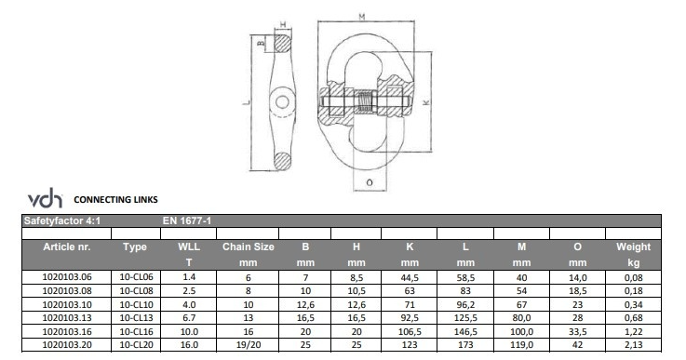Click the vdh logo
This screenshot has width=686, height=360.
(45, 198)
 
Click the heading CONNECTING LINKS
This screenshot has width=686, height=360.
(115, 199)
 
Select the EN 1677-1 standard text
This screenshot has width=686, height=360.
(187, 220)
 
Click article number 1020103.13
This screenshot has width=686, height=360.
(67, 317)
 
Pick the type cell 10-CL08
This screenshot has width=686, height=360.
(136, 290)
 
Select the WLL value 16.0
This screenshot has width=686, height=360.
(189, 345)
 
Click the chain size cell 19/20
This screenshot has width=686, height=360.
(249, 345)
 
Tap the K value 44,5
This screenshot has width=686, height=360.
(409, 278)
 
